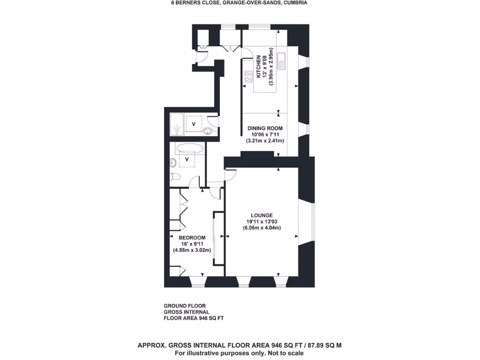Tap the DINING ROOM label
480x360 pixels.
265,128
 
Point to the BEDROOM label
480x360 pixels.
192,237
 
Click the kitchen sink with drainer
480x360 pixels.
282,61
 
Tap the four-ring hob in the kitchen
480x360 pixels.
248,75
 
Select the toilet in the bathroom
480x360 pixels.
175,177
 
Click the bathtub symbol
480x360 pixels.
190,149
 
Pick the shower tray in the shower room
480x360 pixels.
177,124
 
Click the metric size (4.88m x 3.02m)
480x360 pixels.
192,250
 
